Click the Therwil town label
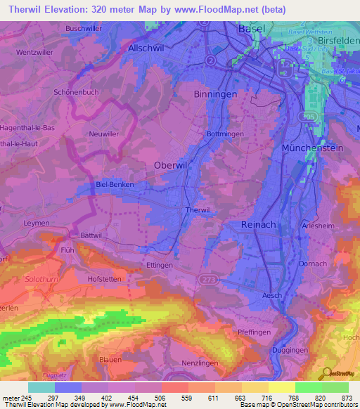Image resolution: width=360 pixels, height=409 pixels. (x=197, y=210)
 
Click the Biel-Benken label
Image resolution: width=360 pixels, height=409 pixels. (x=114, y=184)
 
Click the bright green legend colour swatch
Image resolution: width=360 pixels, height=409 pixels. (x=309, y=387)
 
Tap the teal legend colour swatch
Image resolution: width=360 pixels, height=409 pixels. (x=41, y=387)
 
